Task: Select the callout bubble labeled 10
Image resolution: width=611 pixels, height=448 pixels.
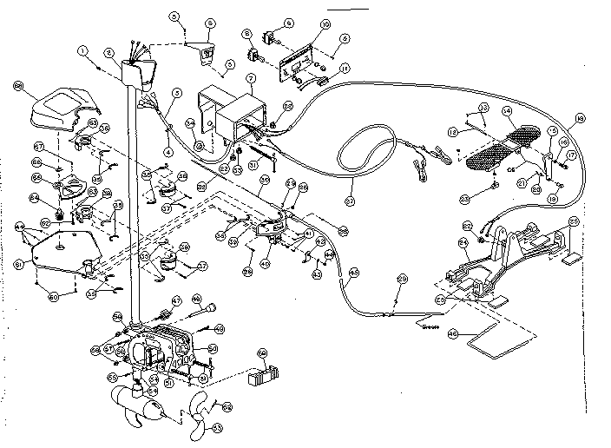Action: point(299,26)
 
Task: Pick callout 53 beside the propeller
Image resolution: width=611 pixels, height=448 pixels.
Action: point(217,427)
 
